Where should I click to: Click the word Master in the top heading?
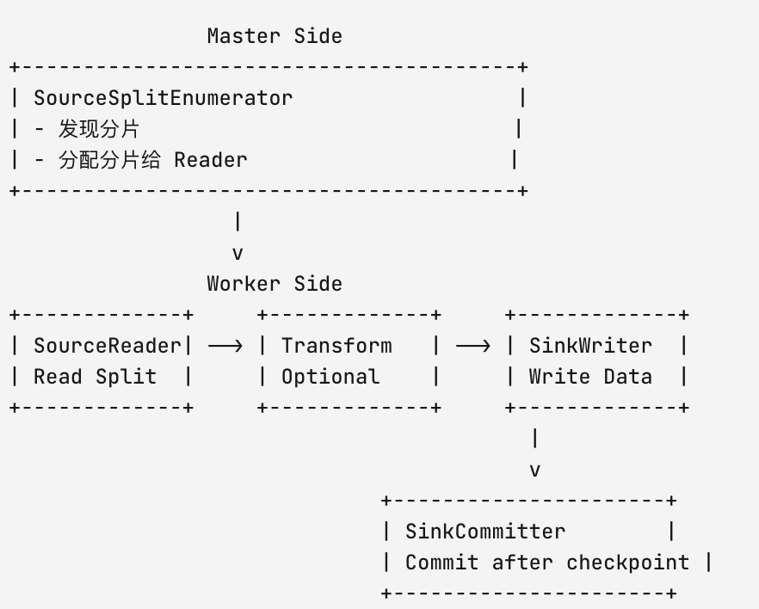click(244, 36)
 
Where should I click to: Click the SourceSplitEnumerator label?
click(164, 98)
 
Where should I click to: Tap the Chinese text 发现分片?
click(99, 129)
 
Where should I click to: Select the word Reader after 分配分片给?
click(211, 160)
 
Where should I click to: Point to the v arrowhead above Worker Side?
click(238, 254)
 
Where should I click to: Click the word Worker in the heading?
click(244, 284)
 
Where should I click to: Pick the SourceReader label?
click(107, 346)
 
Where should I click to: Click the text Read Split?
click(95, 377)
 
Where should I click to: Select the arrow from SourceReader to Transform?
click(225, 346)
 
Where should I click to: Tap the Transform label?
click(337, 346)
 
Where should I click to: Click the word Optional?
click(330, 377)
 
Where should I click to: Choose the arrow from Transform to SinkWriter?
click(473, 346)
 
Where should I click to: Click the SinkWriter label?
click(590, 346)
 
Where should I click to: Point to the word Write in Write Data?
click(559, 377)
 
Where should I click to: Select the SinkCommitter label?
click(485, 532)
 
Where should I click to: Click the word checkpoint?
click(628, 563)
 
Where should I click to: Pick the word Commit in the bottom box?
click(442, 563)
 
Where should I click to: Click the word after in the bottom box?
click(522, 563)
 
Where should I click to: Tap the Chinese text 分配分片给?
click(109, 160)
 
